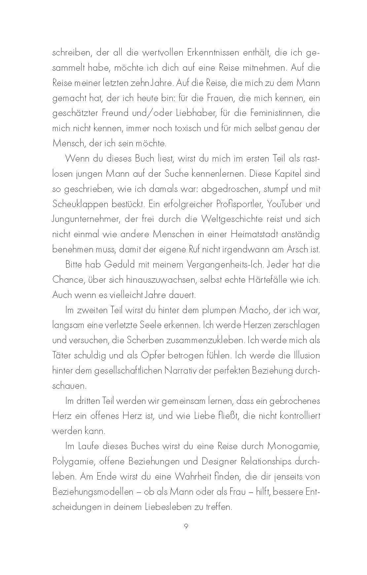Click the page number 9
click(x=186, y=526)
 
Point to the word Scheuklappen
click(x=80, y=204)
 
